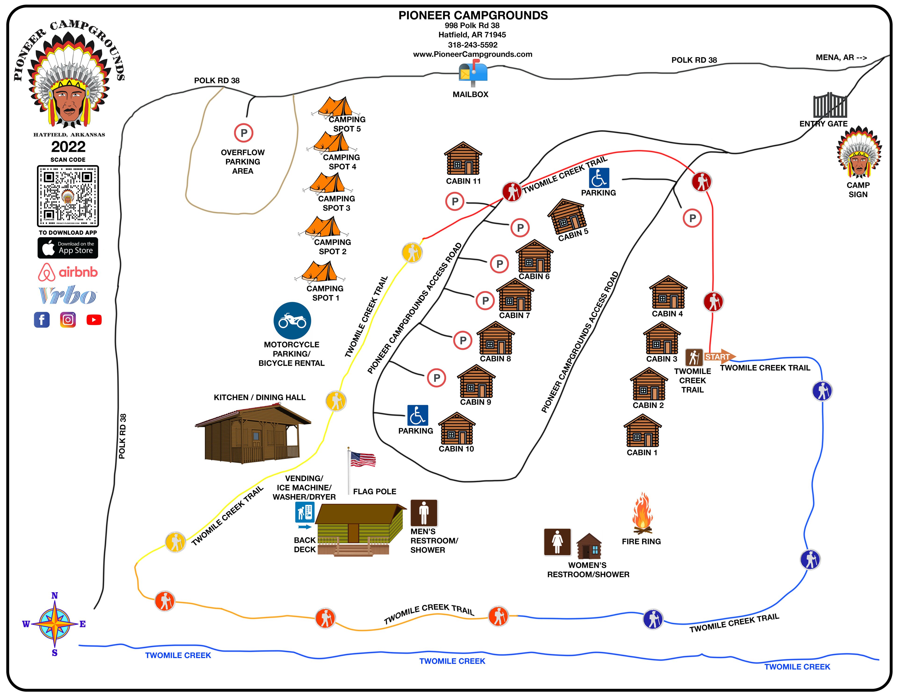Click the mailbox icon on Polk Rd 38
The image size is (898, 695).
click(x=473, y=73)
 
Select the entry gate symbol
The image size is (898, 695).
click(x=830, y=105)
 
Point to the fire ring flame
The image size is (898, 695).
click(x=642, y=513)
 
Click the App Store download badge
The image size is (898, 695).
click(x=68, y=248)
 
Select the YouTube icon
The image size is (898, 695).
click(x=94, y=320)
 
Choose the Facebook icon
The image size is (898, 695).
click(x=42, y=320)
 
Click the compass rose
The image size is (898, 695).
click(x=55, y=624)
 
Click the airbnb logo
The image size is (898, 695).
click(x=68, y=272)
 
